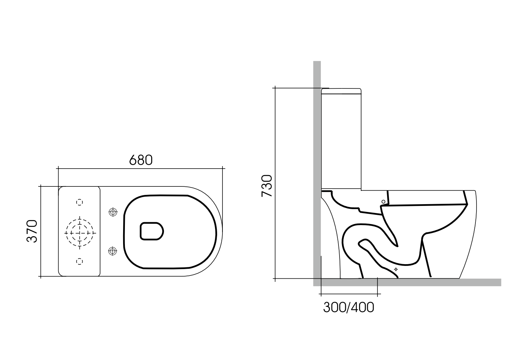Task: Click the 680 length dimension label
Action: click(140, 160)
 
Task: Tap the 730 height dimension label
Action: click(267, 186)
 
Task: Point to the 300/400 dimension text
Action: click(348, 307)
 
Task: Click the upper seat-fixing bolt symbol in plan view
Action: click(113, 212)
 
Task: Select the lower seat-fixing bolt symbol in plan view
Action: click(113, 251)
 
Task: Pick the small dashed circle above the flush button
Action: click(80, 202)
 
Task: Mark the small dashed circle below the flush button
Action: click(80, 261)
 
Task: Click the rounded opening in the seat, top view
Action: click(152, 231)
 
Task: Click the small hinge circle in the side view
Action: click(383, 202)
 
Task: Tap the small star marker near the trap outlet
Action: click(396, 269)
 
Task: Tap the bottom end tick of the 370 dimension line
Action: click(41, 276)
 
